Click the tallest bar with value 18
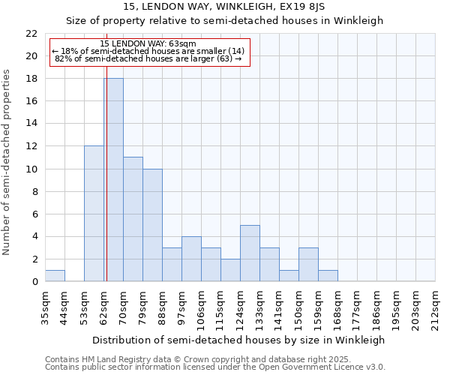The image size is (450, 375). point(113,180)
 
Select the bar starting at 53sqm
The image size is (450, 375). point(94,214)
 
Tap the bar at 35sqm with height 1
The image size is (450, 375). point(55,276)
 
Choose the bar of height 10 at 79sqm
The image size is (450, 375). point(152,225)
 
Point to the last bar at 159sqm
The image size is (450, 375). point(328,276)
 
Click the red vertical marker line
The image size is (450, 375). point(106,187)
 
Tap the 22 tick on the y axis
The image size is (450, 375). point(31,34)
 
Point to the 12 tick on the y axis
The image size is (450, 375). point(31,146)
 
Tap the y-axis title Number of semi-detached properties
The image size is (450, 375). point(7,162)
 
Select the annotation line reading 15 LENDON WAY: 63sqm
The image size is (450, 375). point(148,43)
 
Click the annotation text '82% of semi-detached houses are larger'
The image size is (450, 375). point(148,58)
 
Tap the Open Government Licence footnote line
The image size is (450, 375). point(215,367)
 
